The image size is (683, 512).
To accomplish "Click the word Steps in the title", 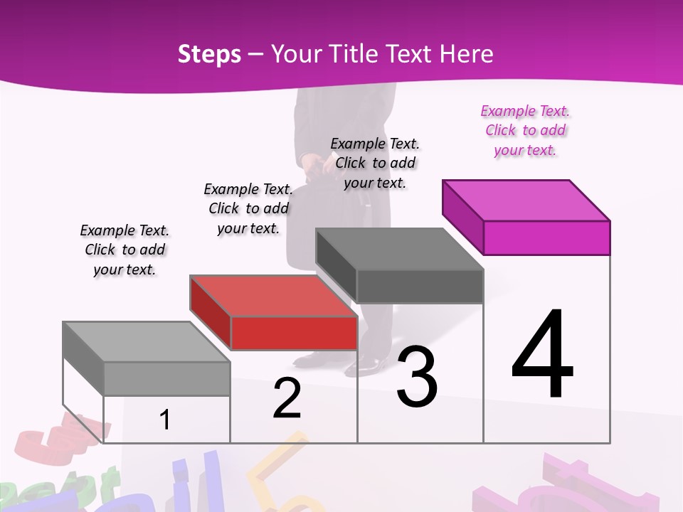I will coord(209,54).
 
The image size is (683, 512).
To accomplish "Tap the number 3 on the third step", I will coord(417,377).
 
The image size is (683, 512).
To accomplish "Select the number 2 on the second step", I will coord(287,399).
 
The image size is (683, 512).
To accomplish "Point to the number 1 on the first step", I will coord(164,420).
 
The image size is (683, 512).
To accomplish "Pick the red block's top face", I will coord(274,296).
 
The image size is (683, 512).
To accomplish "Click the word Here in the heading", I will coord(467,54).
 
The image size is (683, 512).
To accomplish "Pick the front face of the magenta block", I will coord(546,238).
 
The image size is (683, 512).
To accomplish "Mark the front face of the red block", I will coord(294,333).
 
